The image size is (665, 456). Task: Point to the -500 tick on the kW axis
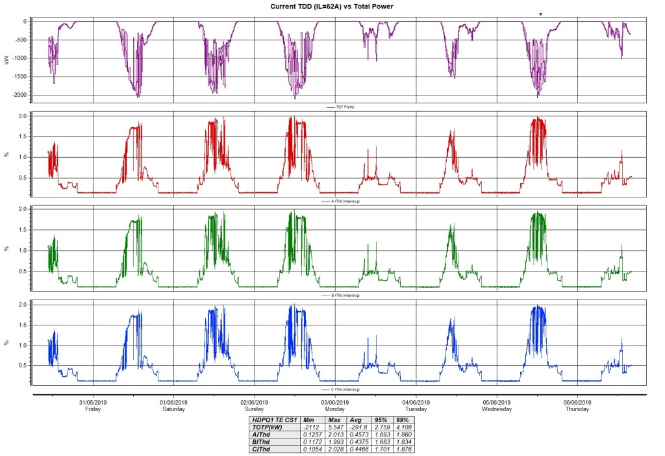click(25, 40)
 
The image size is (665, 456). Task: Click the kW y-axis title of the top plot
click(6, 60)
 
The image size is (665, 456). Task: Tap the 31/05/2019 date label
click(93, 402)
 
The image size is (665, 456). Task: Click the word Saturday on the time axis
click(173, 409)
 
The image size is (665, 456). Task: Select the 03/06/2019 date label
click(334, 402)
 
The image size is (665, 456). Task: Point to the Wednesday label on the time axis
click(497, 409)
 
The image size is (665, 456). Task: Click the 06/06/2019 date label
click(577, 402)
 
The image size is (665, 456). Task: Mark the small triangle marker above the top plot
click(540, 14)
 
